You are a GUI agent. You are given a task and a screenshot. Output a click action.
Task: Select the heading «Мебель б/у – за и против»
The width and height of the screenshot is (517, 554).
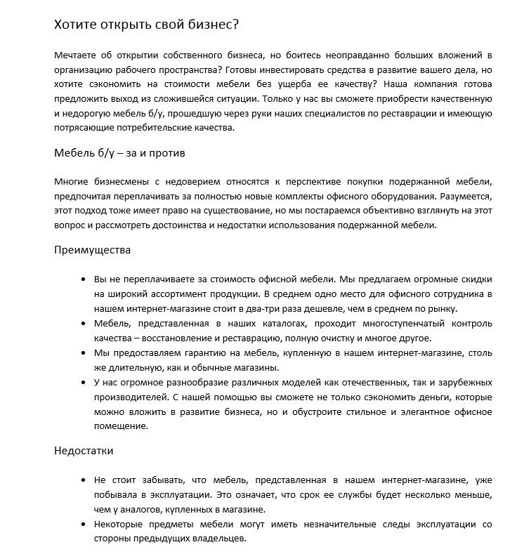(x=119, y=152)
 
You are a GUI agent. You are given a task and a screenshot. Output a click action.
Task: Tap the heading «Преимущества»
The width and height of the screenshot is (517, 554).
(x=93, y=249)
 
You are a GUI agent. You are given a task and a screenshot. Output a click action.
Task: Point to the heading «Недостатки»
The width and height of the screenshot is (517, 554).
(x=84, y=450)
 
